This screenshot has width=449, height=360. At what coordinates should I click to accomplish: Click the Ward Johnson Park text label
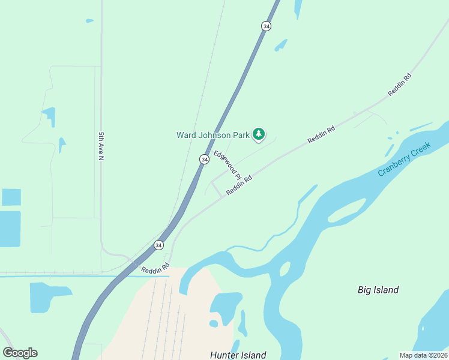point(212,135)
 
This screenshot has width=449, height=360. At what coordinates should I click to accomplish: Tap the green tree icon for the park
point(259,134)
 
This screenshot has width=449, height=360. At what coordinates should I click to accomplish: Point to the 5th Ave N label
point(101,146)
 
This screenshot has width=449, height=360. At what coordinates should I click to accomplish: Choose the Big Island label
point(378,290)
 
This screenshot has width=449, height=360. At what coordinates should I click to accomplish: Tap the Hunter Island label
point(238,355)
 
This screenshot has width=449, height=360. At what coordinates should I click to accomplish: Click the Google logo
point(20,353)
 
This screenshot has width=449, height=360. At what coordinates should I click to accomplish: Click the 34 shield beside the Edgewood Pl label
point(204,159)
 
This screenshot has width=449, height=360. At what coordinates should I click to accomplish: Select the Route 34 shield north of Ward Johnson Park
point(266,26)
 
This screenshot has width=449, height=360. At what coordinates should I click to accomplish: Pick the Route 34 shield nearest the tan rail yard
point(158,245)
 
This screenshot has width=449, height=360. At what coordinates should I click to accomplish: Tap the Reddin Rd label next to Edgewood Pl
point(238,185)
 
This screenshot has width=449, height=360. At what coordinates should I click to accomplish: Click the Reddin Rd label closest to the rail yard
point(156,269)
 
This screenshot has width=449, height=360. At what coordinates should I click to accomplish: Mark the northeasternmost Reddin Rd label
point(400,85)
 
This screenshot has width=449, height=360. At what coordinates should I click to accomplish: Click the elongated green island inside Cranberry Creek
point(347,210)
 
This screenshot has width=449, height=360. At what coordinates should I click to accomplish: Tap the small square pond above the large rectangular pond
point(11,197)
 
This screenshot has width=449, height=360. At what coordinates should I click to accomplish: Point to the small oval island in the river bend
point(285,269)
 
